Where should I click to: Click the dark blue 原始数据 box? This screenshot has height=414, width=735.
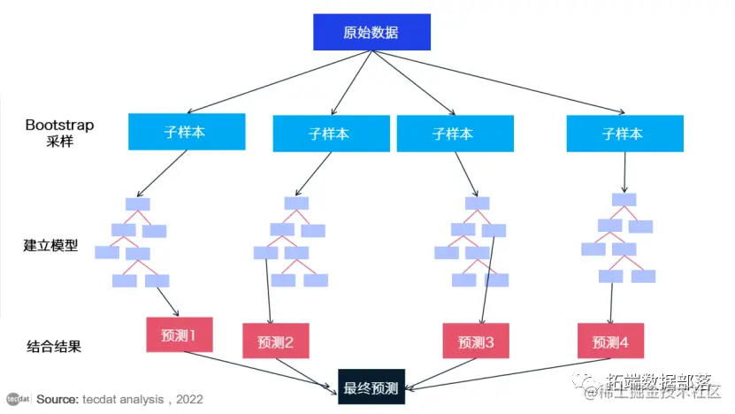(371, 33)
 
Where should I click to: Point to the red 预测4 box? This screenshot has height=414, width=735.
(610, 341)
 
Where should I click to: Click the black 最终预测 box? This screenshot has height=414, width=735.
(371, 387)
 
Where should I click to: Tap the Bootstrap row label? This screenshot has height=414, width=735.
(59, 133)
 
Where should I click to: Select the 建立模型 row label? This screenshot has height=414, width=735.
(50, 245)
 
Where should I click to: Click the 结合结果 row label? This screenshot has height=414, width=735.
(50, 346)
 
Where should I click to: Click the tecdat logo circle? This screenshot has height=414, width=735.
(14, 399)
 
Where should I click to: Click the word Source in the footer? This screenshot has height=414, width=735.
(57, 399)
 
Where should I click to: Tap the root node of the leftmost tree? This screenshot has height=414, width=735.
(138, 204)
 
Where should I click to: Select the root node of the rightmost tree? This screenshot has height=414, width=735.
(624, 200)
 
